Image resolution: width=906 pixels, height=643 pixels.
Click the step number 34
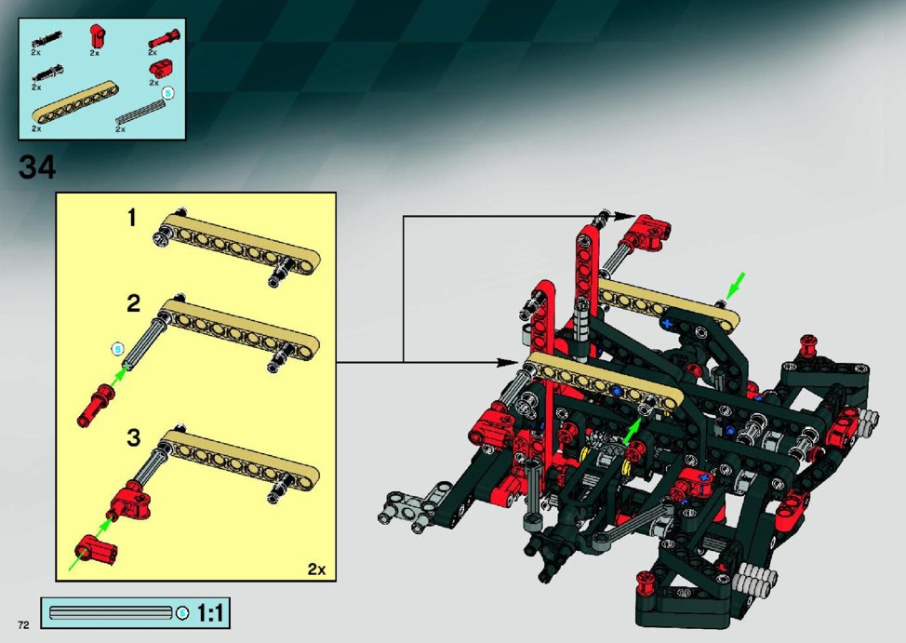click(x=37, y=167)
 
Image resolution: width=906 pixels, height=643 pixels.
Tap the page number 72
click(x=23, y=624)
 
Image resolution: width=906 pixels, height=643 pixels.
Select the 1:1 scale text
click(x=209, y=612)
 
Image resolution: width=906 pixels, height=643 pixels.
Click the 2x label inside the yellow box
click(x=316, y=569)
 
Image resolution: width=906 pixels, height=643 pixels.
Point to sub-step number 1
click(x=132, y=218)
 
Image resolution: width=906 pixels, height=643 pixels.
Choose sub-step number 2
click(x=133, y=303)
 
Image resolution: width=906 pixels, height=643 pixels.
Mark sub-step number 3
click(x=133, y=437)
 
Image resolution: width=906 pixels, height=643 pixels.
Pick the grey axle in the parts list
click(x=140, y=112)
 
